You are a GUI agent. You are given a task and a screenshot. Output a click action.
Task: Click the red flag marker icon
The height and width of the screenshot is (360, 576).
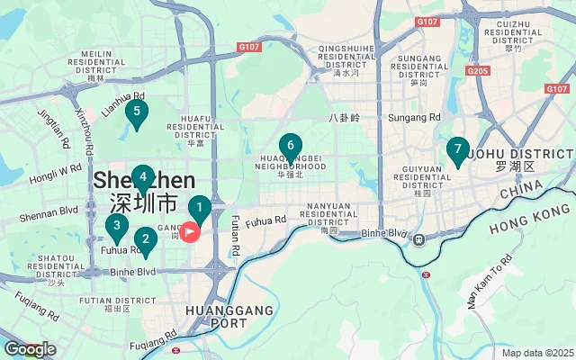pyautogui.click(x=191, y=232)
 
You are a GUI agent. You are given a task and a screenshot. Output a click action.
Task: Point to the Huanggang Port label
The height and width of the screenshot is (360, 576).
pyautogui.click(x=215, y=315)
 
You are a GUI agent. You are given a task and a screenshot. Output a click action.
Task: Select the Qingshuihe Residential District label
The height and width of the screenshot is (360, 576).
pyautogui.click(x=346, y=57)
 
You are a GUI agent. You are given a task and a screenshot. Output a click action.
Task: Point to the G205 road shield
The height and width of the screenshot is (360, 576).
pyautogui.click(x=478, y=70)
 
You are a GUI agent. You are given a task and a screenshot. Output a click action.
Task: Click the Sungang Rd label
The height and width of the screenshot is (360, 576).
pyautogui.click(x=414, y=118)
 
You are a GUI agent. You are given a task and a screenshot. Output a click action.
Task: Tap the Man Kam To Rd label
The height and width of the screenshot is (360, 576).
pyautogui.click(x=489, y=282)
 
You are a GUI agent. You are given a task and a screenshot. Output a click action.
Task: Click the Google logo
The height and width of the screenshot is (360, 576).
pyautogui.click(x=30, y=349)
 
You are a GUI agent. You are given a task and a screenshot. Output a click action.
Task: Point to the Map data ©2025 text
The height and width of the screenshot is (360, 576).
pyautogui.click(x=536, y=353)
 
